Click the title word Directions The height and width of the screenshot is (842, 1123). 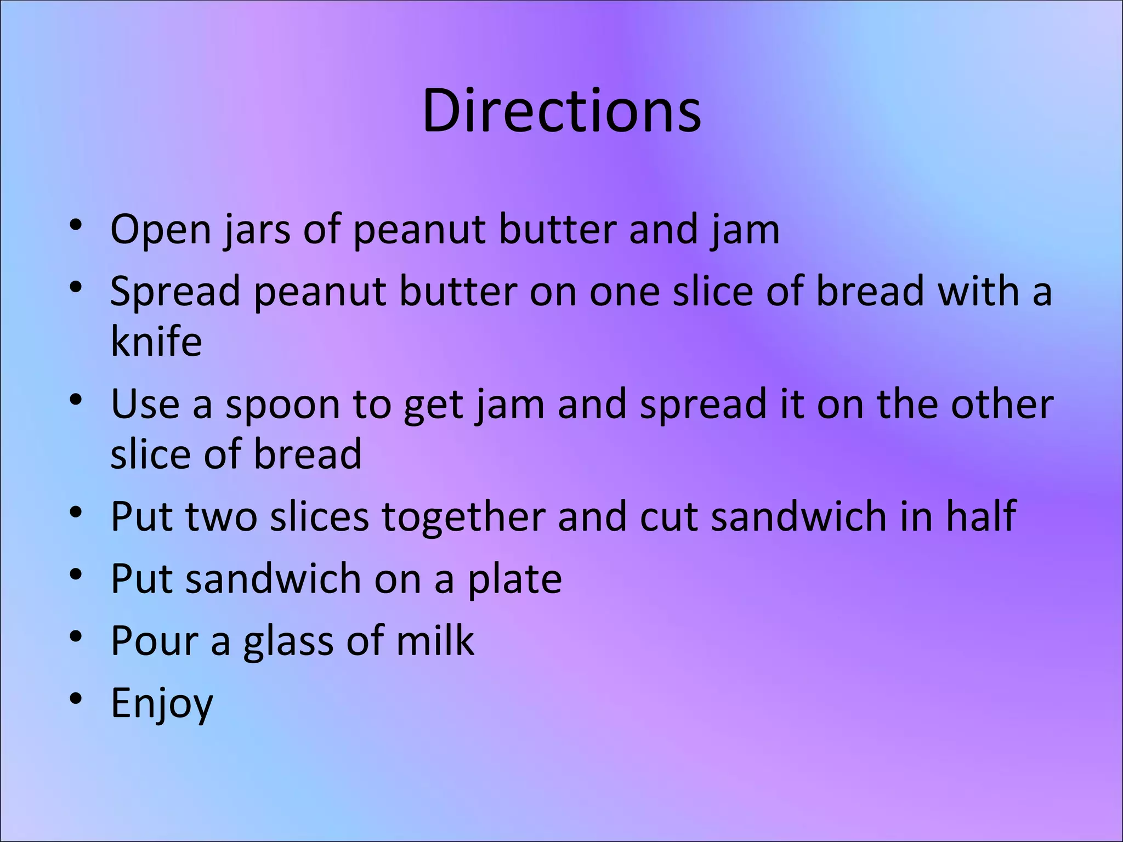(x=561, y=111)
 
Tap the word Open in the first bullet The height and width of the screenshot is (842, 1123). (x=160, y=230)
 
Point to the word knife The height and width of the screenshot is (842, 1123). (x=156, y=341)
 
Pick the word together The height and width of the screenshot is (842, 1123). (x=463, y=517)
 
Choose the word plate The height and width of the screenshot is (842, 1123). (x=514, y=579)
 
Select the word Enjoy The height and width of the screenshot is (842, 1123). (x=162, y=703)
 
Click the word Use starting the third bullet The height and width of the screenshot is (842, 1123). (x=145, y=404)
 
